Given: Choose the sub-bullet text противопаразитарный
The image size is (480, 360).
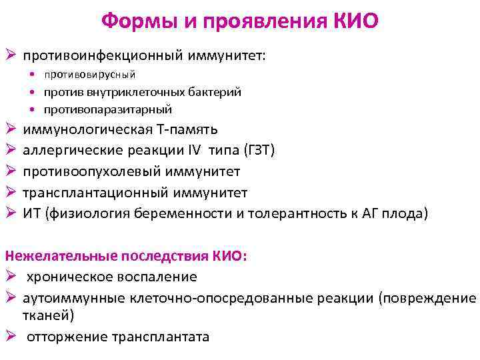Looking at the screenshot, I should pos(108,109).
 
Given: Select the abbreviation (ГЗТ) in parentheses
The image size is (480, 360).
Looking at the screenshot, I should pos(253,150).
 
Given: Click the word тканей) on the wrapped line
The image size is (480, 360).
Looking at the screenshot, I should pos(49,315).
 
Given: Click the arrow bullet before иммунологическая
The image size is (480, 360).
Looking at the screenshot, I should pos(10,129).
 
